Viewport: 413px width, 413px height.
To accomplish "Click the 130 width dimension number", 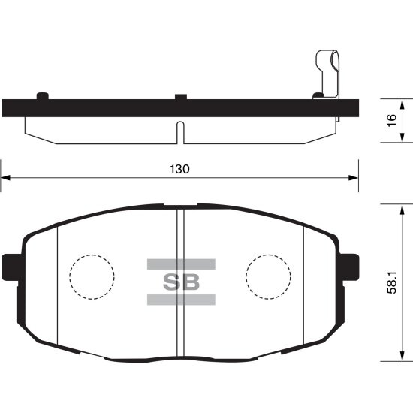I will coord(180,170).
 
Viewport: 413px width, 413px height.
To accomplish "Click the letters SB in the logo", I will coord(180,282).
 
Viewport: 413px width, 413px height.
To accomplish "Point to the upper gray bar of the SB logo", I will coord(180,264).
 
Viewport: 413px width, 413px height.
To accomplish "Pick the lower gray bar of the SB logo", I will coord(180,300).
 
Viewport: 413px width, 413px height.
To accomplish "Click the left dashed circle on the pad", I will coord(91,277).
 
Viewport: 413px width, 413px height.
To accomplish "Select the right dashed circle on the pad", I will coord(268,277).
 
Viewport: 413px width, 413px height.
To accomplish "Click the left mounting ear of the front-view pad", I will coord(12,266).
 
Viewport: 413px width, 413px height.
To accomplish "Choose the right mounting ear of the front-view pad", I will coord(348,266).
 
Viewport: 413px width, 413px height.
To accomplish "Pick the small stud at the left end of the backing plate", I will coord(43,95).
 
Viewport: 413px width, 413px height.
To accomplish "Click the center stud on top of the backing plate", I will coord(180,96).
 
